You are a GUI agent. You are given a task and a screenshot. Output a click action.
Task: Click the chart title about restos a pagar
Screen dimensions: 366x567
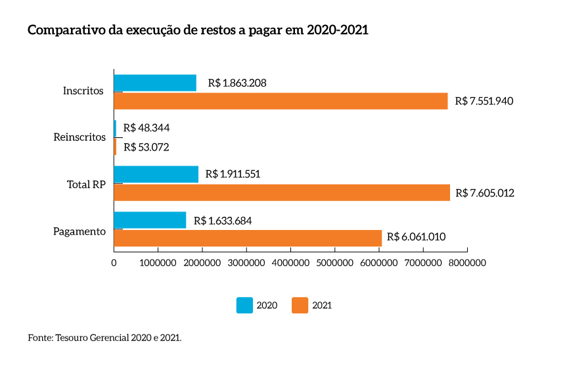pyautogui.click(x=198, y=31)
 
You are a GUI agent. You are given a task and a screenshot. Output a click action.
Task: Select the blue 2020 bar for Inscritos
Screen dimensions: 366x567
pyautogui.click(x=155, y=83)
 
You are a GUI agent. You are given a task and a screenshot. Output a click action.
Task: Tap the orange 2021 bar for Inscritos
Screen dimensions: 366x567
pyautogui.click(x=281, y=101)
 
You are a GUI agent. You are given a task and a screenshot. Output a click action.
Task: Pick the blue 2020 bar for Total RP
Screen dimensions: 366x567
pyautogui.click(x=156, y=174)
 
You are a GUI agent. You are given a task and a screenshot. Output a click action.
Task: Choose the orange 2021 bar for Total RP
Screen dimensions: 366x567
pyautogui.click(x=282, y=192)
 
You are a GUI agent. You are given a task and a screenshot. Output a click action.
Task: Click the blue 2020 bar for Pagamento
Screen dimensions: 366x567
pyautogui.click(x=150, y=220)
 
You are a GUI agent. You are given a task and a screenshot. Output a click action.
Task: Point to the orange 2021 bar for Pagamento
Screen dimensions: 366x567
pyautogui.click(x=248, y=238)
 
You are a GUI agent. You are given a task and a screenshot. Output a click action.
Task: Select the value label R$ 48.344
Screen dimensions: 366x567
pyautogui.click(x=147, y=128)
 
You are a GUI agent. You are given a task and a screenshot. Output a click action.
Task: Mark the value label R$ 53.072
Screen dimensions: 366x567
pyautogui.click(x=147, y=147)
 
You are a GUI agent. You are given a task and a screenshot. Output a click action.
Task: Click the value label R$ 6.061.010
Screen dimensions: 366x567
pyautogui.click(x=417, y=237)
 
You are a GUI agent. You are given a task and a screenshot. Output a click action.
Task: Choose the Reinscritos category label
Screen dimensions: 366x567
pyautogui.click(x=79, y=137)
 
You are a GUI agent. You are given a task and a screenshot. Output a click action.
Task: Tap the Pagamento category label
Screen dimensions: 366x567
pyautogui.click(x=79, y=231)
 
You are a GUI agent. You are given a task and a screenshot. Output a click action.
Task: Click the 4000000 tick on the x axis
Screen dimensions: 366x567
pyautogui.click(x=290, y=263)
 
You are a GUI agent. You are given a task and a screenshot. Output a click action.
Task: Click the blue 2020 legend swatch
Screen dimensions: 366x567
pyautogui.click(x=244, y=305)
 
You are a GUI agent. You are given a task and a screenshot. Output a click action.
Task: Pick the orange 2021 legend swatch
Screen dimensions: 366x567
pyautogui.click(x=300, y=305)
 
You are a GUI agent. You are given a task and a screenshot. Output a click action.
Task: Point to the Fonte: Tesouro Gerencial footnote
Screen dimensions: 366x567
pyautogui.click(x=104, y=338)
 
